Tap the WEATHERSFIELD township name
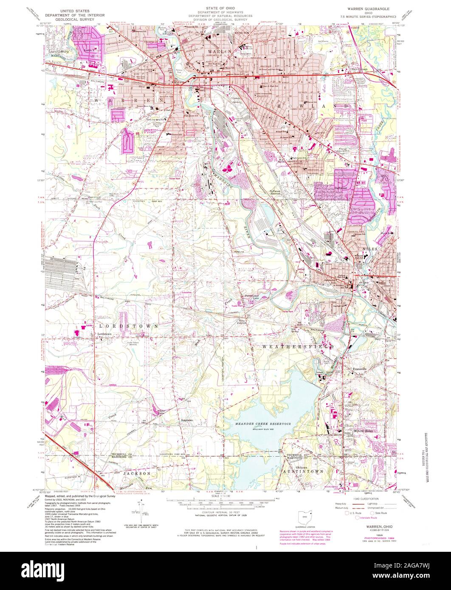[x=297, y=347]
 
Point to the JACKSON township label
[x=137, y=473]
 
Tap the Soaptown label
[x=187, y=420]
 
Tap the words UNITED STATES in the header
[x=72, y=8]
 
